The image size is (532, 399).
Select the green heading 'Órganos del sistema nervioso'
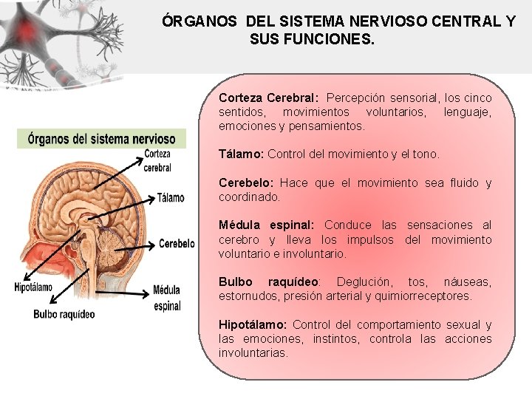[102, 138]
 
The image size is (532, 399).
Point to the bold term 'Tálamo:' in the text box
[242, 154]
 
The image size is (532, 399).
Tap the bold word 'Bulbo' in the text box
[236, 282]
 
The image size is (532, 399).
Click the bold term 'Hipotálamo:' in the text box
[253, 325]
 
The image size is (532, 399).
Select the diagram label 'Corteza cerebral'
[157, 161]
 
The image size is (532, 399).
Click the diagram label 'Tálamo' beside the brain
[171, 198]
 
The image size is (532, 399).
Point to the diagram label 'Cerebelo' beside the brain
[177, 243]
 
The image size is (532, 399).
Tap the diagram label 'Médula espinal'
[167, 298]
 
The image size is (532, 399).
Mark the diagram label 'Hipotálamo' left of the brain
[33, 287]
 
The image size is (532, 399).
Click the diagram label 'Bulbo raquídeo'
[64, 314]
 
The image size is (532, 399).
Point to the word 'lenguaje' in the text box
[467, 112]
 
